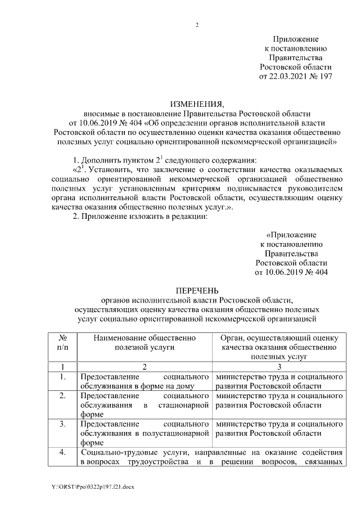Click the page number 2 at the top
(x=197, y=25)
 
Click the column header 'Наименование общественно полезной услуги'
(x=145, y=343)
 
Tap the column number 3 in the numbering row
(x=279, y=367)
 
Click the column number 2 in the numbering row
(x=145, y=367)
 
